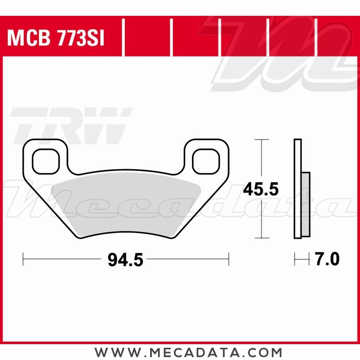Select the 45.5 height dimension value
point(261,189)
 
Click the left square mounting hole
point(45,161)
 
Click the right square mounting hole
point(206,161)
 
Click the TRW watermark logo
point(70,124)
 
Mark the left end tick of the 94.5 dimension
point(23,259)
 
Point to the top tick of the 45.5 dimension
point(261,139)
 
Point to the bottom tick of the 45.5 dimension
point(261,238)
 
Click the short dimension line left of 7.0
point(302,259)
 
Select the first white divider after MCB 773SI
point(123,38)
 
